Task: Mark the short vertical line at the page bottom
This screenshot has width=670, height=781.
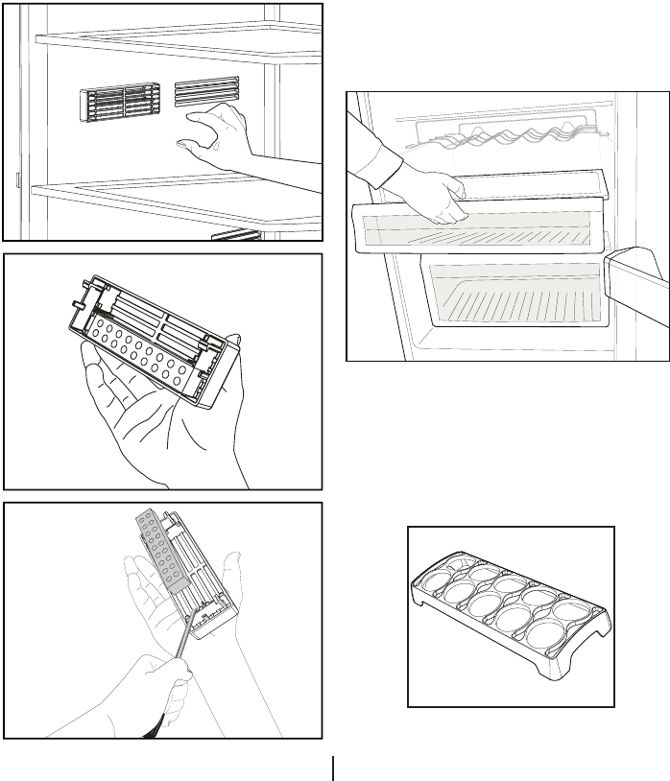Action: point(333,769)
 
